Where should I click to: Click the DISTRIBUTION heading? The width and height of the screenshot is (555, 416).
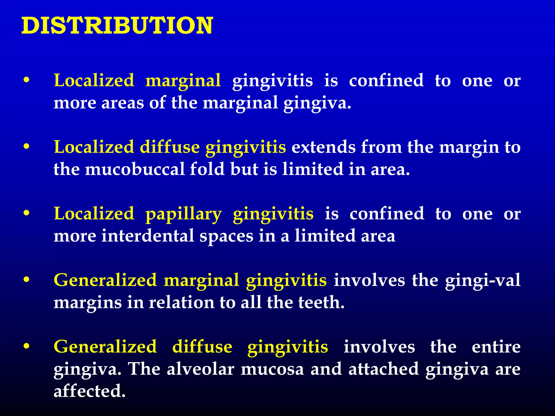pos(117,26)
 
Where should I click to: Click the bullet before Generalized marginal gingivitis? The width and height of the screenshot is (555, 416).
pos(26,280)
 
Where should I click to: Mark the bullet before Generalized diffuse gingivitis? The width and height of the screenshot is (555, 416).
pos(26,346)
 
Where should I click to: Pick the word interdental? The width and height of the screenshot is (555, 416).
pos(148,236)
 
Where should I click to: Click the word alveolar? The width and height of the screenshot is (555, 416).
pos(200,369)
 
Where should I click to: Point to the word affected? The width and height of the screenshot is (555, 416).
pos(89,391)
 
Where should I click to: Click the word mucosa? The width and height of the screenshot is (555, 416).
pos(272,369)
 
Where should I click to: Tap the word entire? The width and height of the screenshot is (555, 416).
pos(496,347)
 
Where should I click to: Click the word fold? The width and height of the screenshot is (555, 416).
pos(207,169)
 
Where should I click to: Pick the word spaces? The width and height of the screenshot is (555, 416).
pos(226,236)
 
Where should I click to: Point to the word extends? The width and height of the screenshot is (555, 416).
pos(323,147)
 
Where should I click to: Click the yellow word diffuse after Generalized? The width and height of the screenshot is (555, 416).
pos(202,347)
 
